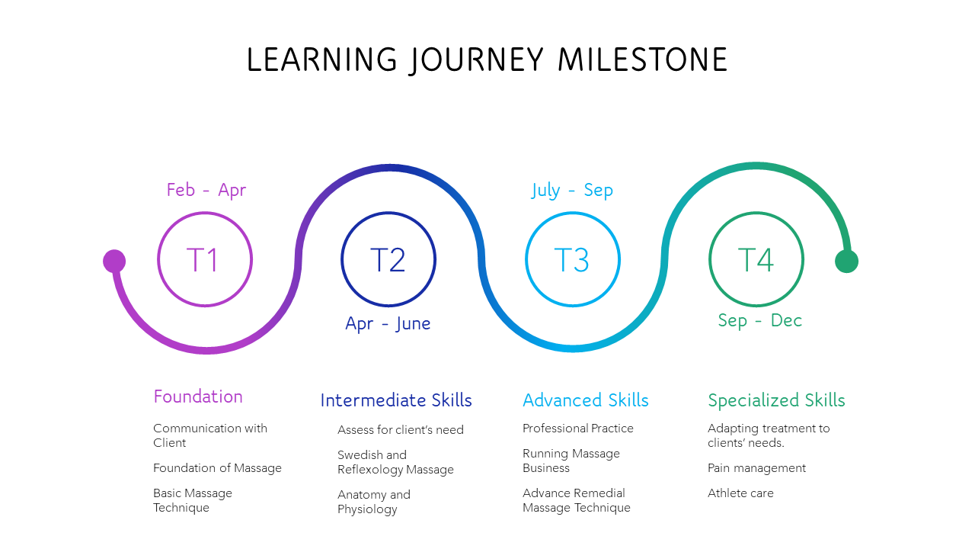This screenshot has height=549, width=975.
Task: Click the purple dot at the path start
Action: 114,261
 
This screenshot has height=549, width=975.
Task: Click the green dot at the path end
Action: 846,261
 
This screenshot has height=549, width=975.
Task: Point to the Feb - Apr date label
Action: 206,191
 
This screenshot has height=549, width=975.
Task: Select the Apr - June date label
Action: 388,324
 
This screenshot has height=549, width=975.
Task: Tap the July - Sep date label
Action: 572,191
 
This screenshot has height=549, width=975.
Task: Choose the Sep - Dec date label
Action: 759,321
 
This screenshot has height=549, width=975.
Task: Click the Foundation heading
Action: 198,396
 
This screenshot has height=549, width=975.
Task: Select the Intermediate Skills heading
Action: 396,400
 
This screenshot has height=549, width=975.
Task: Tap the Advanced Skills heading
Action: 586,400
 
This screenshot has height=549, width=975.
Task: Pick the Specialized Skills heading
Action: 776,400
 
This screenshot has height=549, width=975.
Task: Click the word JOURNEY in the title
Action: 477,60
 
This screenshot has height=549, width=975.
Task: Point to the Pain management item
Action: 756,468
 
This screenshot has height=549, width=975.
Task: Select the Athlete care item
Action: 740,493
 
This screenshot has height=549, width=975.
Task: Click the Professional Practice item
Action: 577,429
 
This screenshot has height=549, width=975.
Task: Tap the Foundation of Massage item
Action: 217,468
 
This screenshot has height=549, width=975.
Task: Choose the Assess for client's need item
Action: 401,429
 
